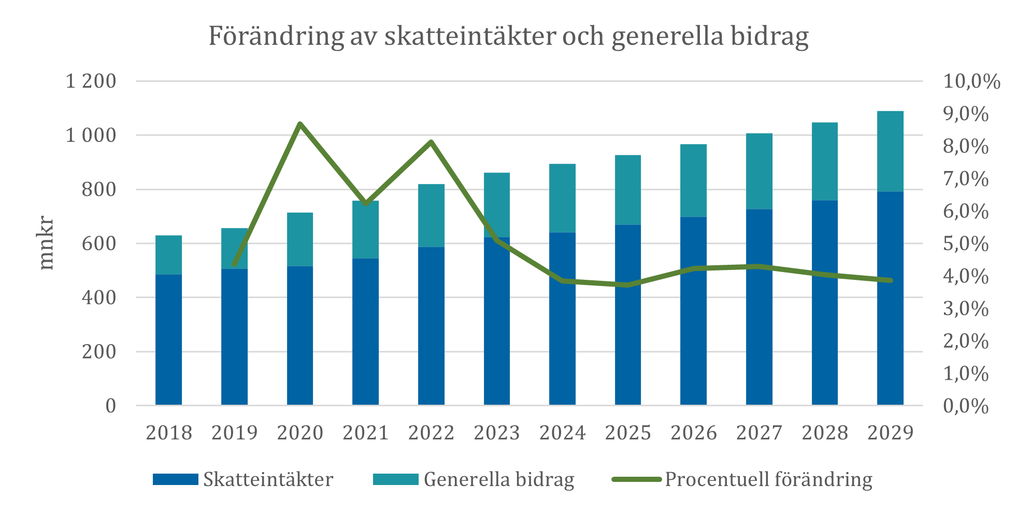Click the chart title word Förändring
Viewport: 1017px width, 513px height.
pyautogui.click(x=276, y=36)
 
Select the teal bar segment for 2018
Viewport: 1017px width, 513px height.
pyautogui.click(x=168, y=255)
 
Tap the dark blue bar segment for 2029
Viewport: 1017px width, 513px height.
pyautogui.click(x=890, y=298)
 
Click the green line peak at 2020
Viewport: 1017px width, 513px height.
pyautogui.click(x=300, y=124)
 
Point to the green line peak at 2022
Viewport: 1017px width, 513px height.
pyautogui.click(x=431, y=142)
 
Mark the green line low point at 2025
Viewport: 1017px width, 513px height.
pyautogui.click(x=627, y=285)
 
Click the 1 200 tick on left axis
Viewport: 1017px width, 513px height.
pyautogui.click(x=91, y=81)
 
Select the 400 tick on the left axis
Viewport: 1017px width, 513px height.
pyautogui.click(x=99, y=297)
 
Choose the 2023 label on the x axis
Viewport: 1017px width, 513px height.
pyautogui.click(x=496, y=433)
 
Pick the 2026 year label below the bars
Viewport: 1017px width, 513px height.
pyautogui.click(x=693, y=433)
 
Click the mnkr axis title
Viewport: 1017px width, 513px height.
pyautogui.click(x=47, y=243)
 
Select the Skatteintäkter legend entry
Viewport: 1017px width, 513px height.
pyautogui.click(x=268, y=479)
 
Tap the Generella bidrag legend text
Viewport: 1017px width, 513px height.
pyautogui.click(x=498, y=479)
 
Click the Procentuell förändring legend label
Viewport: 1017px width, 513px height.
pyautogui.click(x=768, y=479)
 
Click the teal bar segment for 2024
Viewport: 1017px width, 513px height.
pyautogui.click(x=562, y=198)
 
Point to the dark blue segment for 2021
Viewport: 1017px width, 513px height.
pyautogui.click(x=365, y=332)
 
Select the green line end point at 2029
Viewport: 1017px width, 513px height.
pyautogui.click(x=890, y=280)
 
